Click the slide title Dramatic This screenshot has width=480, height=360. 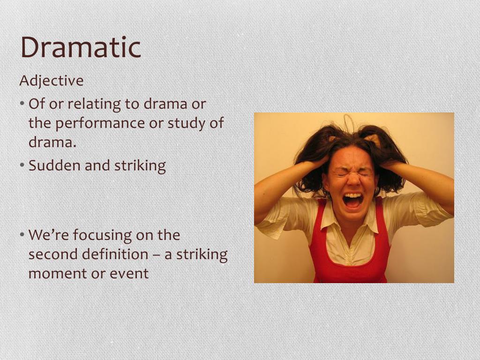[x=81, y=48]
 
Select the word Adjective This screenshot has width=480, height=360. [x=52, y=81]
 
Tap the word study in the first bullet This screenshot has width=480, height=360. [x=184, y=123]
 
